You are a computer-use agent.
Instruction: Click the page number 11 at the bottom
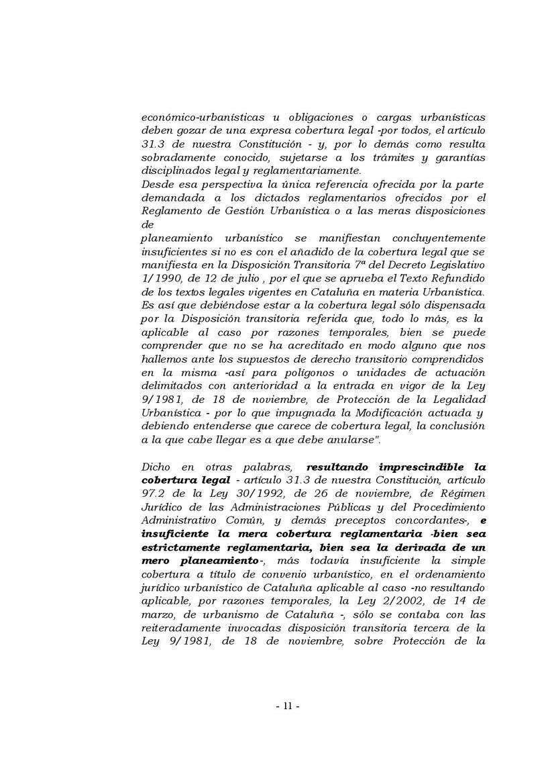tap(287, 706)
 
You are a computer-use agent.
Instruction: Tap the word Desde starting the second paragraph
tap(156, 185)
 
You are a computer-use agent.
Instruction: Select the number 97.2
tap(154, 494)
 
